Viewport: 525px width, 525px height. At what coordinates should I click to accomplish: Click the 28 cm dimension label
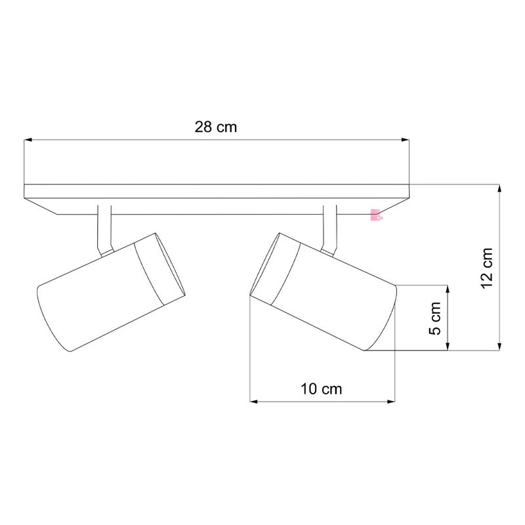coord(215,127)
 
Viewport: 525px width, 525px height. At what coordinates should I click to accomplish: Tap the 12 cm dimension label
coord(486,268)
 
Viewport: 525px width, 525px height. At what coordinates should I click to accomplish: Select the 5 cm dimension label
coord(434,319)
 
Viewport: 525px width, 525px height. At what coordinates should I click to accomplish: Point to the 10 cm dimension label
coord(322,388)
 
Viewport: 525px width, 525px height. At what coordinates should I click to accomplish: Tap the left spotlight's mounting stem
coord(104,230)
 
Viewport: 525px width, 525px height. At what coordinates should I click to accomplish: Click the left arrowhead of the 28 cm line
coord(28,140)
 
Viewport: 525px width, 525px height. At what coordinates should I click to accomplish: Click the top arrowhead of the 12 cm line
coord(501,189)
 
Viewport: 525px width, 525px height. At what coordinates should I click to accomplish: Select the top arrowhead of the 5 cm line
coord(448,289)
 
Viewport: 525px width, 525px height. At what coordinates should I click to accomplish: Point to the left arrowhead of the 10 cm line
coord(255,400)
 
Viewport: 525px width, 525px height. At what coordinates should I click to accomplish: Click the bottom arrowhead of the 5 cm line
coord(448,347)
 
